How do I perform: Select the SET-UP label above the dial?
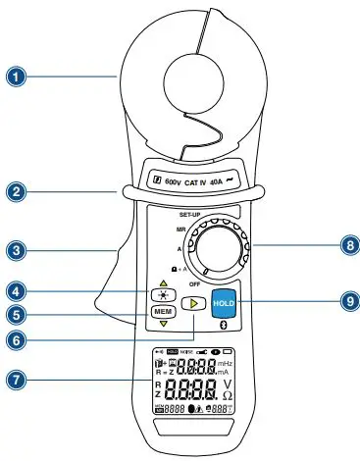(x=191, y=212)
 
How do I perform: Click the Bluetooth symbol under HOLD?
(x=222, y=323)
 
